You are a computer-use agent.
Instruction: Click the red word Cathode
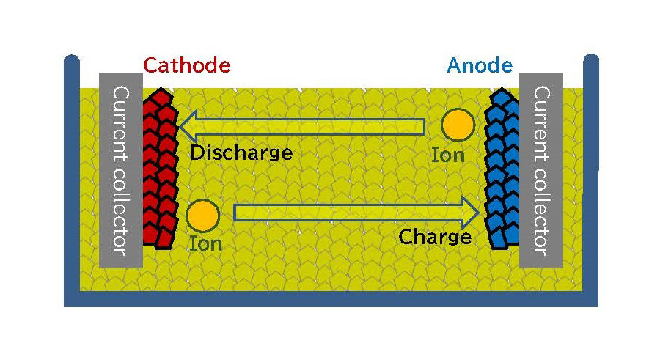pyautogui.click(x=186, y=65)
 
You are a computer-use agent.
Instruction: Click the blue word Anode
pyautogui.click(x=479, y=65)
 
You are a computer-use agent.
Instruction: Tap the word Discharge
pyautogui.click(x=241, y=153)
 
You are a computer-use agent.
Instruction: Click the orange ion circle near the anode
pyautogui.click(x=458, y=125)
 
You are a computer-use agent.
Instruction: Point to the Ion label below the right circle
pyautogui.click(x=447, y=155)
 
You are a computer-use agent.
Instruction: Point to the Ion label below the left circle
pyautogui.click(x=205, y=243)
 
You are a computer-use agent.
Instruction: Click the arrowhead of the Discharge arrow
pyautogui.click(x=190, y=126)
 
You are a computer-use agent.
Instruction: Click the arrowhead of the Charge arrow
pyautogui.click(x=469, y=213)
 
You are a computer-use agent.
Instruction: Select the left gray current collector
pyautogui.click(x=120, y=170)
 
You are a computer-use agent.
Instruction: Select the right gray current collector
pyautogui.click(x=541, y=170)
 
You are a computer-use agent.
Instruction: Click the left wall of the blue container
pyautogui.click(x=71, y=176)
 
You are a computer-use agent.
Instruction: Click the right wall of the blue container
pyautogui.click(x=591, y=176)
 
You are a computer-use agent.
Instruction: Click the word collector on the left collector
pyautogui.click(x=120, y=213)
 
